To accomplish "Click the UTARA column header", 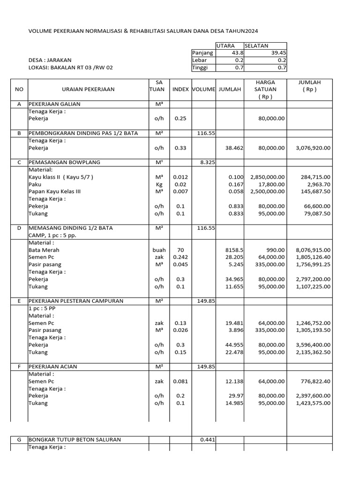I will [x=225, y=46].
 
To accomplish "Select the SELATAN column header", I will [x=256, y=46].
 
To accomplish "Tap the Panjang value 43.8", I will [x=233, y=53].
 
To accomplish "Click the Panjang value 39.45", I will [x=277, y=53].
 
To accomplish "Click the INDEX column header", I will [x=180, y=89].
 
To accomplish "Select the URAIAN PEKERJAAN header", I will [x=88, y=89].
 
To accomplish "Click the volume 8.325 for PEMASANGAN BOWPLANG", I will [x=207, y=162].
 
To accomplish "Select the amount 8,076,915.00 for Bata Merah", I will [x=313, y=250].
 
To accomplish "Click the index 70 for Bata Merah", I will [x=180, y=250].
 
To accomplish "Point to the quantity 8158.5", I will [x=233, y=250].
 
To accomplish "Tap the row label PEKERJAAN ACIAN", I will [x=53, y=367].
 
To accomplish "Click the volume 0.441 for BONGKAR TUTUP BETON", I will [x=207, y=440].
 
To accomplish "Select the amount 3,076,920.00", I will [x=313, y=148].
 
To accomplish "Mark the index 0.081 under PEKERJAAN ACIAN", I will [x=180, y=381].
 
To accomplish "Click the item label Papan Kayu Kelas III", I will [x=55, y=192].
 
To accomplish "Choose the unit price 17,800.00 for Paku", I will [x=271, y=185].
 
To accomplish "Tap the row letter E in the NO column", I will [x=19, y=301].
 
